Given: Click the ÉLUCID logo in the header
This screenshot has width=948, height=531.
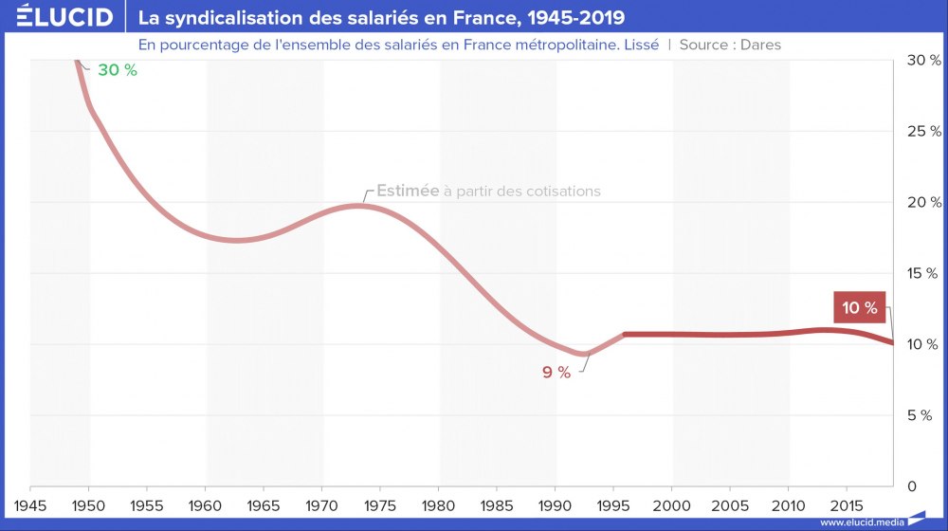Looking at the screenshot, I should point(58,17).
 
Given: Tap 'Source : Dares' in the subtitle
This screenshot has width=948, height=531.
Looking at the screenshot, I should point(730,45).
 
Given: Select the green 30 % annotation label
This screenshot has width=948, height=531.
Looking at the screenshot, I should point(118,69).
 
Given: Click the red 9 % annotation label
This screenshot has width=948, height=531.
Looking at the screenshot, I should point(556,373).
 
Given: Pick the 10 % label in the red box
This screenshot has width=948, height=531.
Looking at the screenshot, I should point(860,307).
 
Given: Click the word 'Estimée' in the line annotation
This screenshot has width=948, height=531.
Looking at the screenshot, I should point(408,191).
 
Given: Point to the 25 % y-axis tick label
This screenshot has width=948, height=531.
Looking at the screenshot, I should point(923,131).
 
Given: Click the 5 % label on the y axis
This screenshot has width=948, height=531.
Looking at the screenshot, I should point(927,415).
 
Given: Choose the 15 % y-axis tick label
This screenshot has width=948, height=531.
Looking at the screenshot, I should point(923,273).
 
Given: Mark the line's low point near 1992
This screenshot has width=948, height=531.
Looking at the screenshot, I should point(585,354).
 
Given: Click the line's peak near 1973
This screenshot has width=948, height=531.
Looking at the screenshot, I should point(357,206).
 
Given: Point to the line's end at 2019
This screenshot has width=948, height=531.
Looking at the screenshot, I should point(892,342).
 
